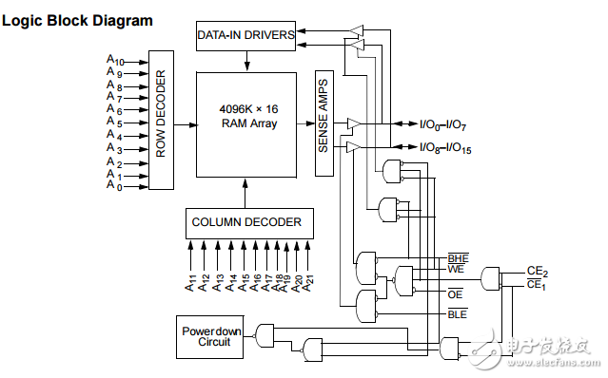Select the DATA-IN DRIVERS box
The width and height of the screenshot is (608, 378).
(x=245, y=36)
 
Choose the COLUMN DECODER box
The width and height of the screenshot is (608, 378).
(x=246, y=222)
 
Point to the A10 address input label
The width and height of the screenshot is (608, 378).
(x=114, y=60)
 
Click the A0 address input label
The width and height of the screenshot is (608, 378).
(x=114, y=186)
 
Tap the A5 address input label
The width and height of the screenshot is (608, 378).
(x=114, y=123)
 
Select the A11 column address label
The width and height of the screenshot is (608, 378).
(x=191, y=282)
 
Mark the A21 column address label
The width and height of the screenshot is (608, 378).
(x=310, y=282)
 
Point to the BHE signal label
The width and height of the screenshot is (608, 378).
(x=457, y=257)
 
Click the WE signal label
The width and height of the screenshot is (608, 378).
(x=455, y=271)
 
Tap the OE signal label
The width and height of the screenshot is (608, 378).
(x=455, y=295)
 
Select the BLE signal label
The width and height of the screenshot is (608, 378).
(x=457, y=312)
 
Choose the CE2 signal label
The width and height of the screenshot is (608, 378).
(x=537, y=271)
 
